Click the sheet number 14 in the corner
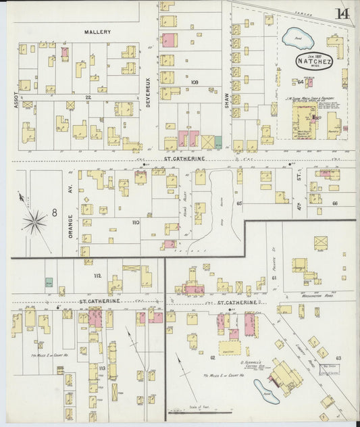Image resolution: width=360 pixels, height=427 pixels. point(342,14)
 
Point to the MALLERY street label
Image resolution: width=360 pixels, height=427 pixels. point(98,32)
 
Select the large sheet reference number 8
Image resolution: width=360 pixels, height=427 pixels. point(53,214)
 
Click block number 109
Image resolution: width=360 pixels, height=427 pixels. point(195,82)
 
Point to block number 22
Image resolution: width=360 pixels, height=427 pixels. point(88,97)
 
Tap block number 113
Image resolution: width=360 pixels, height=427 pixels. point(102,368)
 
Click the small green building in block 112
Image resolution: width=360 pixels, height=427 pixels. point(49,282)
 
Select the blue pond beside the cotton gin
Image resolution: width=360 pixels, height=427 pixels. point(261,391)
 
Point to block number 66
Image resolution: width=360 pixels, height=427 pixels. point(334,203)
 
